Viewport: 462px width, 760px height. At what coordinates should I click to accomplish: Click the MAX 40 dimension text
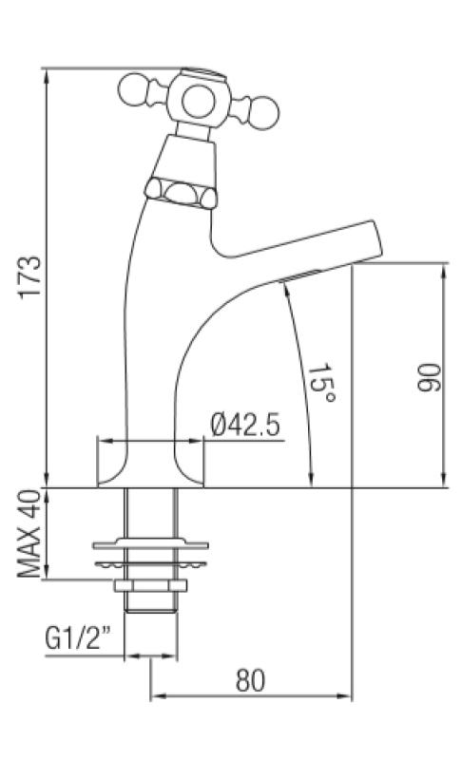pyautogui.click(x=29, y=534)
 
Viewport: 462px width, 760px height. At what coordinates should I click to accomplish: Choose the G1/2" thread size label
pyautogui.click(x=79, y=636)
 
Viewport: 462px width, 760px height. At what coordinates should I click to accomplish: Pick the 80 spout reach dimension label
pyautogui.click(x=250, y=680)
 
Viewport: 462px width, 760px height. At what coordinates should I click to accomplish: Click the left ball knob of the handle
pyautogui.click(x=133, y=91)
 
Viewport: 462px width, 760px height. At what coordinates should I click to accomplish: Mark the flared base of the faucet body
pyautogui.click(x=152, y=470)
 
